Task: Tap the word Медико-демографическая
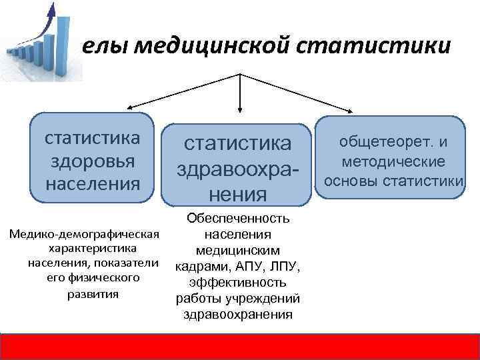tap(83, 235)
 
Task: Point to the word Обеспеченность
tap(238, 219)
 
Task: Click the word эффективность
tap(238, 283)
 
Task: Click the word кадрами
tap(199, 267)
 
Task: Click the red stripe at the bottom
tap(240, 345)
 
